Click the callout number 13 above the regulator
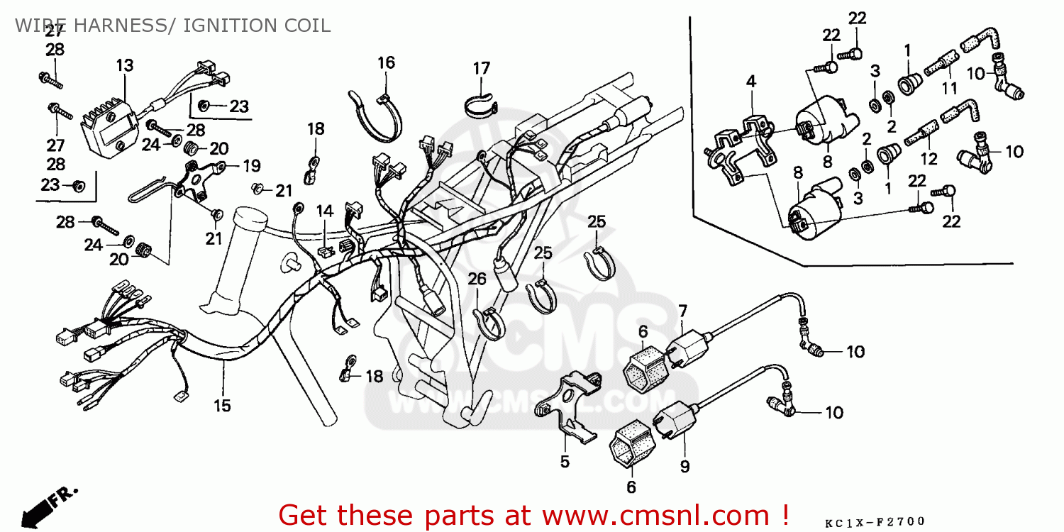click(x=124, y=66)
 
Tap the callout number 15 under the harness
click(x=223, y=406)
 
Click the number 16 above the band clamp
click(x=386, y=62)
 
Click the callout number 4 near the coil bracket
click(x=751, y=82)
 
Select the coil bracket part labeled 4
click(x=738, y=145)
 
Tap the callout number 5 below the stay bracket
click(x=565, y=462)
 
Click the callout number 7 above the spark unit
click(x=682, y=310)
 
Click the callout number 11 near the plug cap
click(x=949, y=89)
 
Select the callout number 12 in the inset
click(x=929, y=159)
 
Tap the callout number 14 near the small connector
click(x=324, y=211)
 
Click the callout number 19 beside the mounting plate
click(x=251, y=167)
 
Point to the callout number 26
click(x=477, y=279)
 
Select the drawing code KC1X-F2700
click(x=875, y=523)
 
